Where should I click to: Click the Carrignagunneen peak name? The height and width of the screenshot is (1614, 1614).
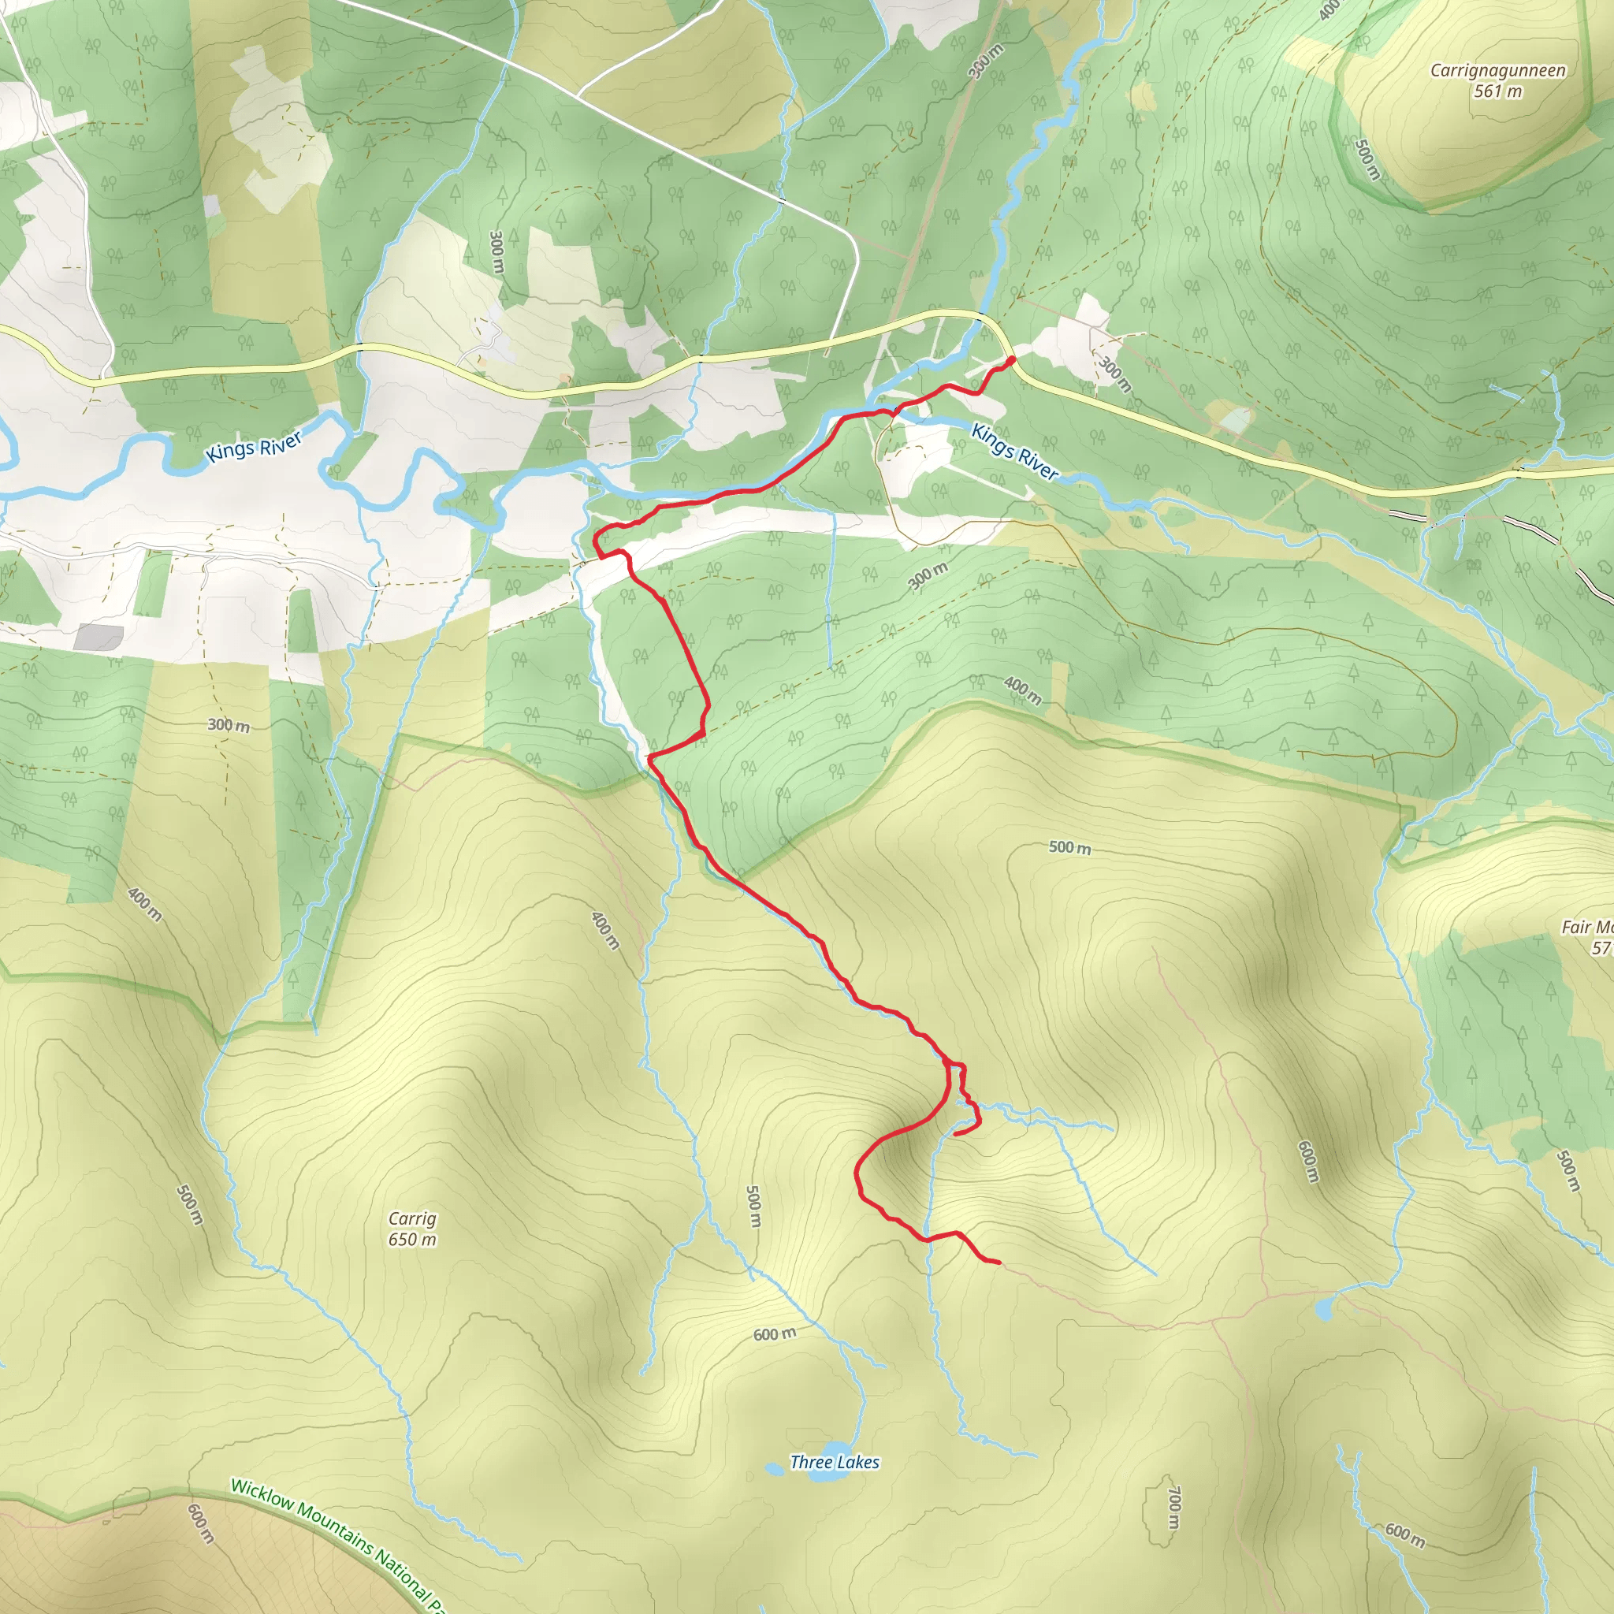click(x=1497, y=70)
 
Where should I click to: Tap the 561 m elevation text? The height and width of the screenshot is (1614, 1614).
click(x=1497, y=91)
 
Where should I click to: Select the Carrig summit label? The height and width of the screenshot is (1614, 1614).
click(x=412, y=1219)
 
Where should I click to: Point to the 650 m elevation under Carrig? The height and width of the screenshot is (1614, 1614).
click(x=412, y=1240)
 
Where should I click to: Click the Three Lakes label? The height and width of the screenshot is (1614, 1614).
click(x=835, y=1462)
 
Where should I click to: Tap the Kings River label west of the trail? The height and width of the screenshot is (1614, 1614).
click(x=254, y=447)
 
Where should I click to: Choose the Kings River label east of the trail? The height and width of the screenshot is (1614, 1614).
click(x=1015, y=451)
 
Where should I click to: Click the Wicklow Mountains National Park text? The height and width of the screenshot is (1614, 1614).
click(x=334, y=1544)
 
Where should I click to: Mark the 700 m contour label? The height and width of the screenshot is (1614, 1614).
click(x=1173, y=1508)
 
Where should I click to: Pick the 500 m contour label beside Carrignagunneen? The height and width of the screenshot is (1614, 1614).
click(x=1367, y=158)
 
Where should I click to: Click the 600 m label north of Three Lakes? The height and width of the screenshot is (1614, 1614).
click(x=775, y=1335)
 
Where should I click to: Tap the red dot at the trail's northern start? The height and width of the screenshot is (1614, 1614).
click(x=1012, y=360)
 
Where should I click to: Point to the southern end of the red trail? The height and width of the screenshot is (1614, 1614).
click(x=999, y=1262)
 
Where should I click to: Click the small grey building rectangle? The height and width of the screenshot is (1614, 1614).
click(x=99, y=637)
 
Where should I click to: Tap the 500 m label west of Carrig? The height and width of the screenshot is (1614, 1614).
click(x=190, y=1205)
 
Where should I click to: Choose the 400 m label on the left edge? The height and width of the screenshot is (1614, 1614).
click(x=144, y=904)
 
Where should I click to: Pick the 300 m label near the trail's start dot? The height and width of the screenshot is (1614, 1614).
click(x=1115, y=374)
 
